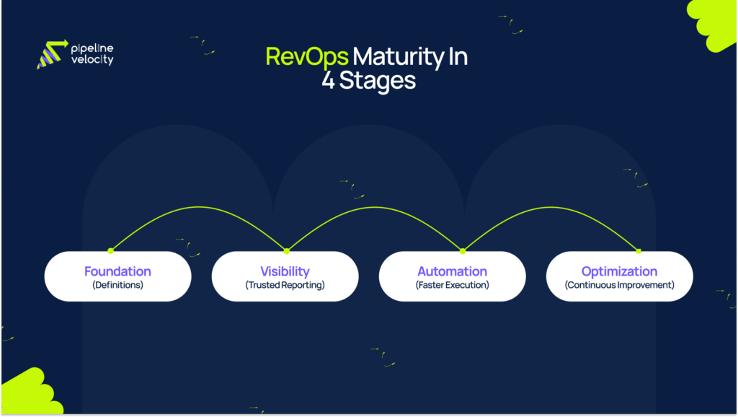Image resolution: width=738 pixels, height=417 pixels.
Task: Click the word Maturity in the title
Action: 383,57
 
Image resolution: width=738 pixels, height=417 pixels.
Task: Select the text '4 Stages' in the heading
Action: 368,80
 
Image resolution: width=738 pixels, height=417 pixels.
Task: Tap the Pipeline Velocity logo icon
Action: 51,54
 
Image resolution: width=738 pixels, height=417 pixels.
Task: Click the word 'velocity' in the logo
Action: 92,61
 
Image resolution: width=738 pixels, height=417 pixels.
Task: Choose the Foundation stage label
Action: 117,271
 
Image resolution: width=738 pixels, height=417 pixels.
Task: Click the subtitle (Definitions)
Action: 117,285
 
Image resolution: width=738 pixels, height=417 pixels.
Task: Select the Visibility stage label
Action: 285,271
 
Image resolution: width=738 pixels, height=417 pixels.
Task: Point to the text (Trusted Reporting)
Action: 285,285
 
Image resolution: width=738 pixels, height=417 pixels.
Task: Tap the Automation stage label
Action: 452,271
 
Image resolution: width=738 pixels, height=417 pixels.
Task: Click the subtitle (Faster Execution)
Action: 452,285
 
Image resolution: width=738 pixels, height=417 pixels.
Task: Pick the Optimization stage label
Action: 619,271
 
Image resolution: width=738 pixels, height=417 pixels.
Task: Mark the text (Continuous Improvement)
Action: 619,285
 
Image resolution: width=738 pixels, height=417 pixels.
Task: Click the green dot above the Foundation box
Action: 110,251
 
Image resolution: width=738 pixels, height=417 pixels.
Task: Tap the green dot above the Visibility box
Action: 286,251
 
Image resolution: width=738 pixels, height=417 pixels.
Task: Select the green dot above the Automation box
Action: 462,251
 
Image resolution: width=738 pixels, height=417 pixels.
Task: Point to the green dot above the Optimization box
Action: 639,251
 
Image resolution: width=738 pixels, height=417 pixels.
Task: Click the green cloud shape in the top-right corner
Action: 715,23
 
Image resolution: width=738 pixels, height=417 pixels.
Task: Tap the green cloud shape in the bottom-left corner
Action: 25,394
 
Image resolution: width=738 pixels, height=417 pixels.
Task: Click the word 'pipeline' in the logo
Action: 92,48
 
